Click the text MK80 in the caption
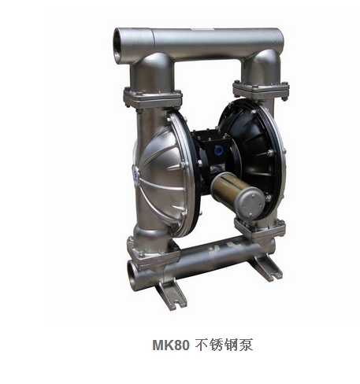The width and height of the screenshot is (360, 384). pyautogui.click(x=171, y=345)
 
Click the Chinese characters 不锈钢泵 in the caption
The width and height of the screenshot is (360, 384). pyautogui.click(x=225, y=345)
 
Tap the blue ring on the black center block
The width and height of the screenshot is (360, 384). pyautogui.click(x=217, y=150)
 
